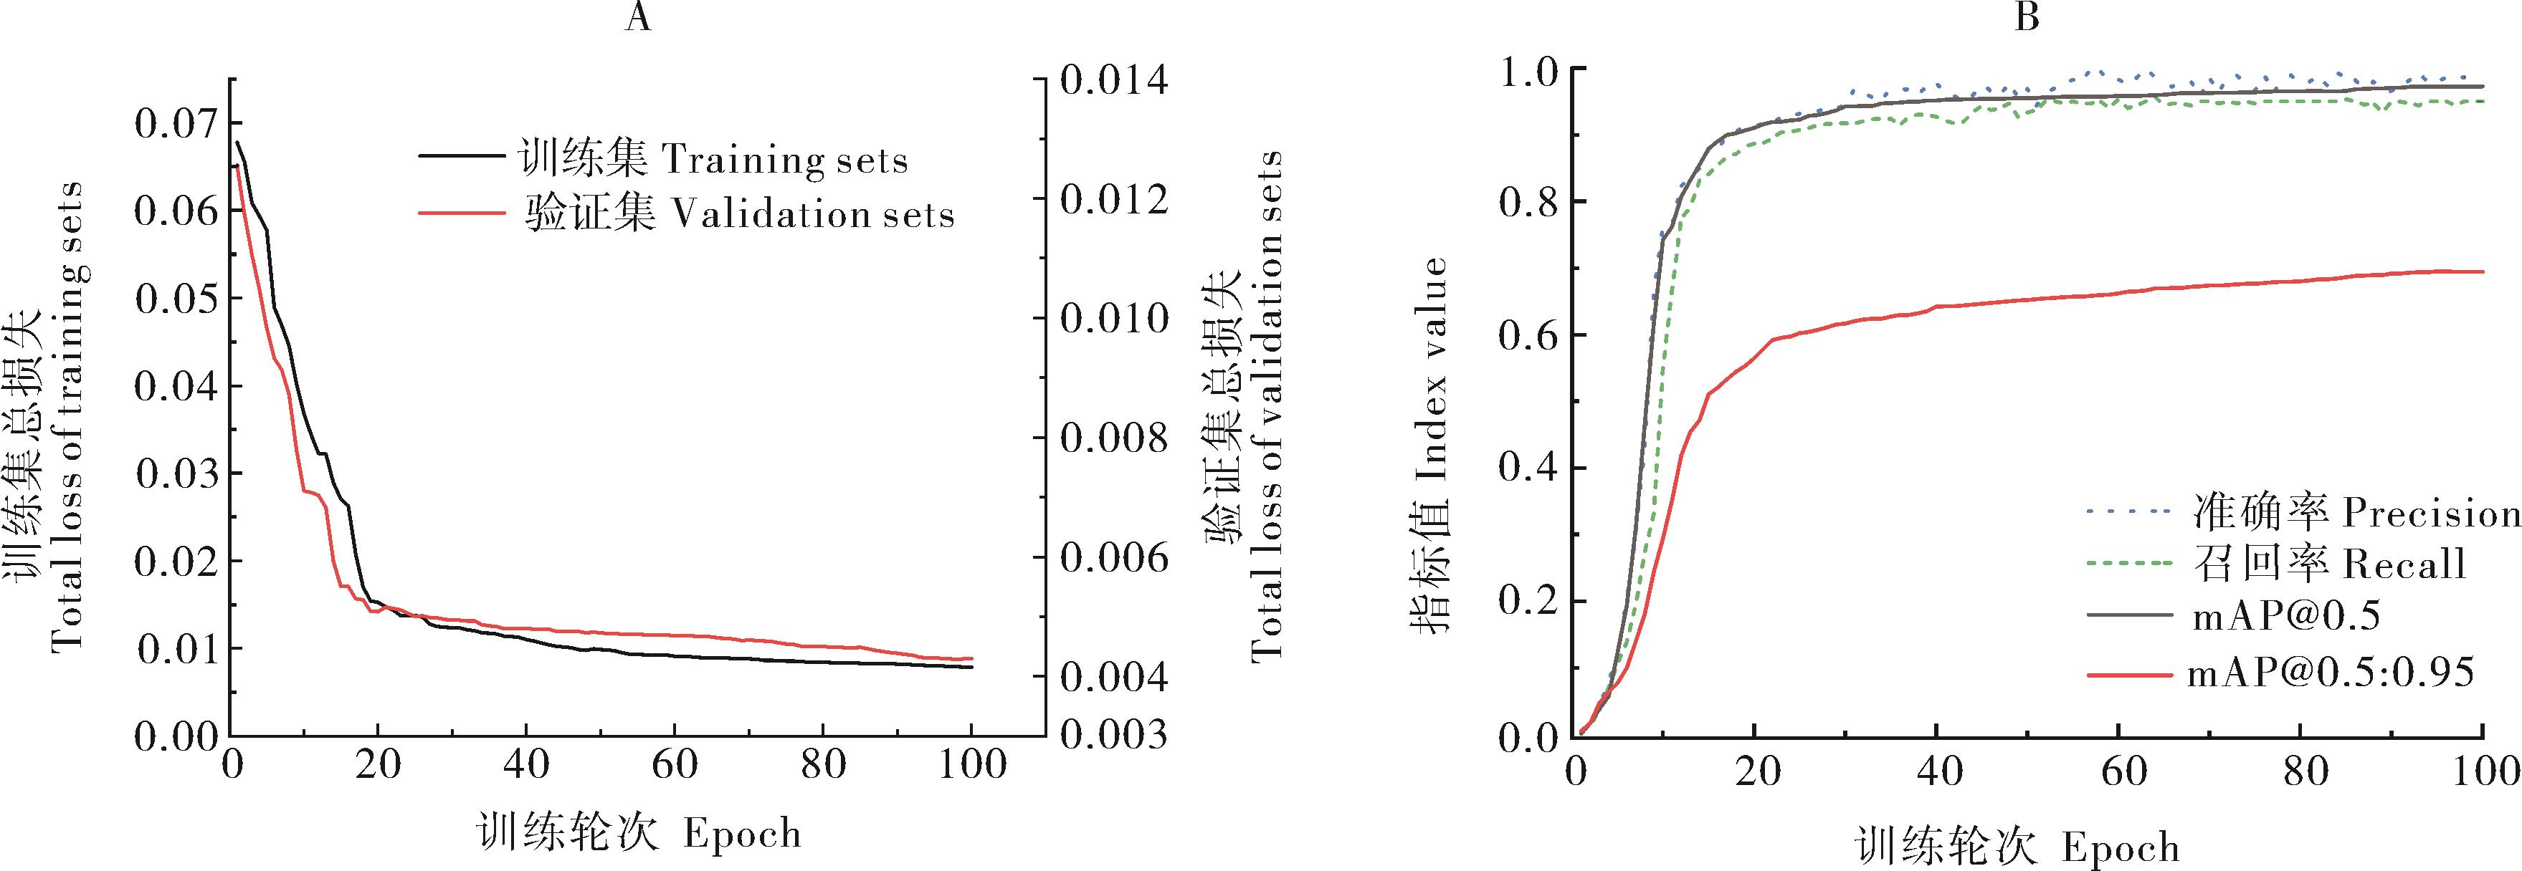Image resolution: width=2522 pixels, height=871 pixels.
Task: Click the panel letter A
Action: coord(637,19)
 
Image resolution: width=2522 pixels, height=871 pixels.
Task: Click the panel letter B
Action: coord(2027,19)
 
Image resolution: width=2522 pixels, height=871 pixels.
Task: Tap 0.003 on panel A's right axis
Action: coord(1114,734)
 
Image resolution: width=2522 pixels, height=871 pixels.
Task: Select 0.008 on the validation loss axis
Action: coord(1114,438)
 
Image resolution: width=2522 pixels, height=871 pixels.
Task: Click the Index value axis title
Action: coord(1429,446)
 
